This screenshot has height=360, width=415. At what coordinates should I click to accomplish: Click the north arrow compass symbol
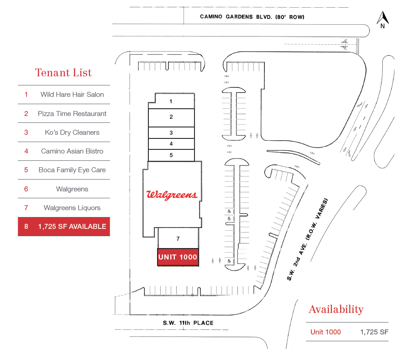(382, 19)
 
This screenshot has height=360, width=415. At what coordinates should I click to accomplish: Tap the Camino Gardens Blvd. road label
(252, 17)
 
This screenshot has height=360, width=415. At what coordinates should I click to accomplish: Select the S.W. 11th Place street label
(188, 323)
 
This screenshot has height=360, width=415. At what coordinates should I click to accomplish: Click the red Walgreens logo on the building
(172, 195)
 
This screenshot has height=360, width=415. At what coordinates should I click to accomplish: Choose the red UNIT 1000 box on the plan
(178, 257)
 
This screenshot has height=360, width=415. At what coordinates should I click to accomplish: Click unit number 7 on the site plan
(178, 238)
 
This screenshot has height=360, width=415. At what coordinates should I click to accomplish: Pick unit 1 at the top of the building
(171, 101)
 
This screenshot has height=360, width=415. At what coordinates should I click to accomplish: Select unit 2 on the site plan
(171, 117)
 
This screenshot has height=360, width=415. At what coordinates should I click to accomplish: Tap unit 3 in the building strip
(171, 133)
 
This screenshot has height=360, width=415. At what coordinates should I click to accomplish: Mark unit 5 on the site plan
(171, 155)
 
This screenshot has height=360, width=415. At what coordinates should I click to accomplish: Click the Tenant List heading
(63, 73)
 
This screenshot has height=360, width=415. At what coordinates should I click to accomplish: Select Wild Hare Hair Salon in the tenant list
(72, 95)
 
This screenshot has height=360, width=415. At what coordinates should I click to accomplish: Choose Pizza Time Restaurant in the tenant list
(72, 114)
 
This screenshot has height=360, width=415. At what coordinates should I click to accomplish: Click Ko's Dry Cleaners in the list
(72, 132)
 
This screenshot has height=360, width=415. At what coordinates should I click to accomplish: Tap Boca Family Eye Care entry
(72, 170)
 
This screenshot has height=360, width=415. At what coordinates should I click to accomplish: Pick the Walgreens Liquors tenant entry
(72, 208)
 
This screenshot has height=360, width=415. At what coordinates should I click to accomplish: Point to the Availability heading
(336, 309)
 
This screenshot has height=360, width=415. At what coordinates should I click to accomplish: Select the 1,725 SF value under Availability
(374, 332)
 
